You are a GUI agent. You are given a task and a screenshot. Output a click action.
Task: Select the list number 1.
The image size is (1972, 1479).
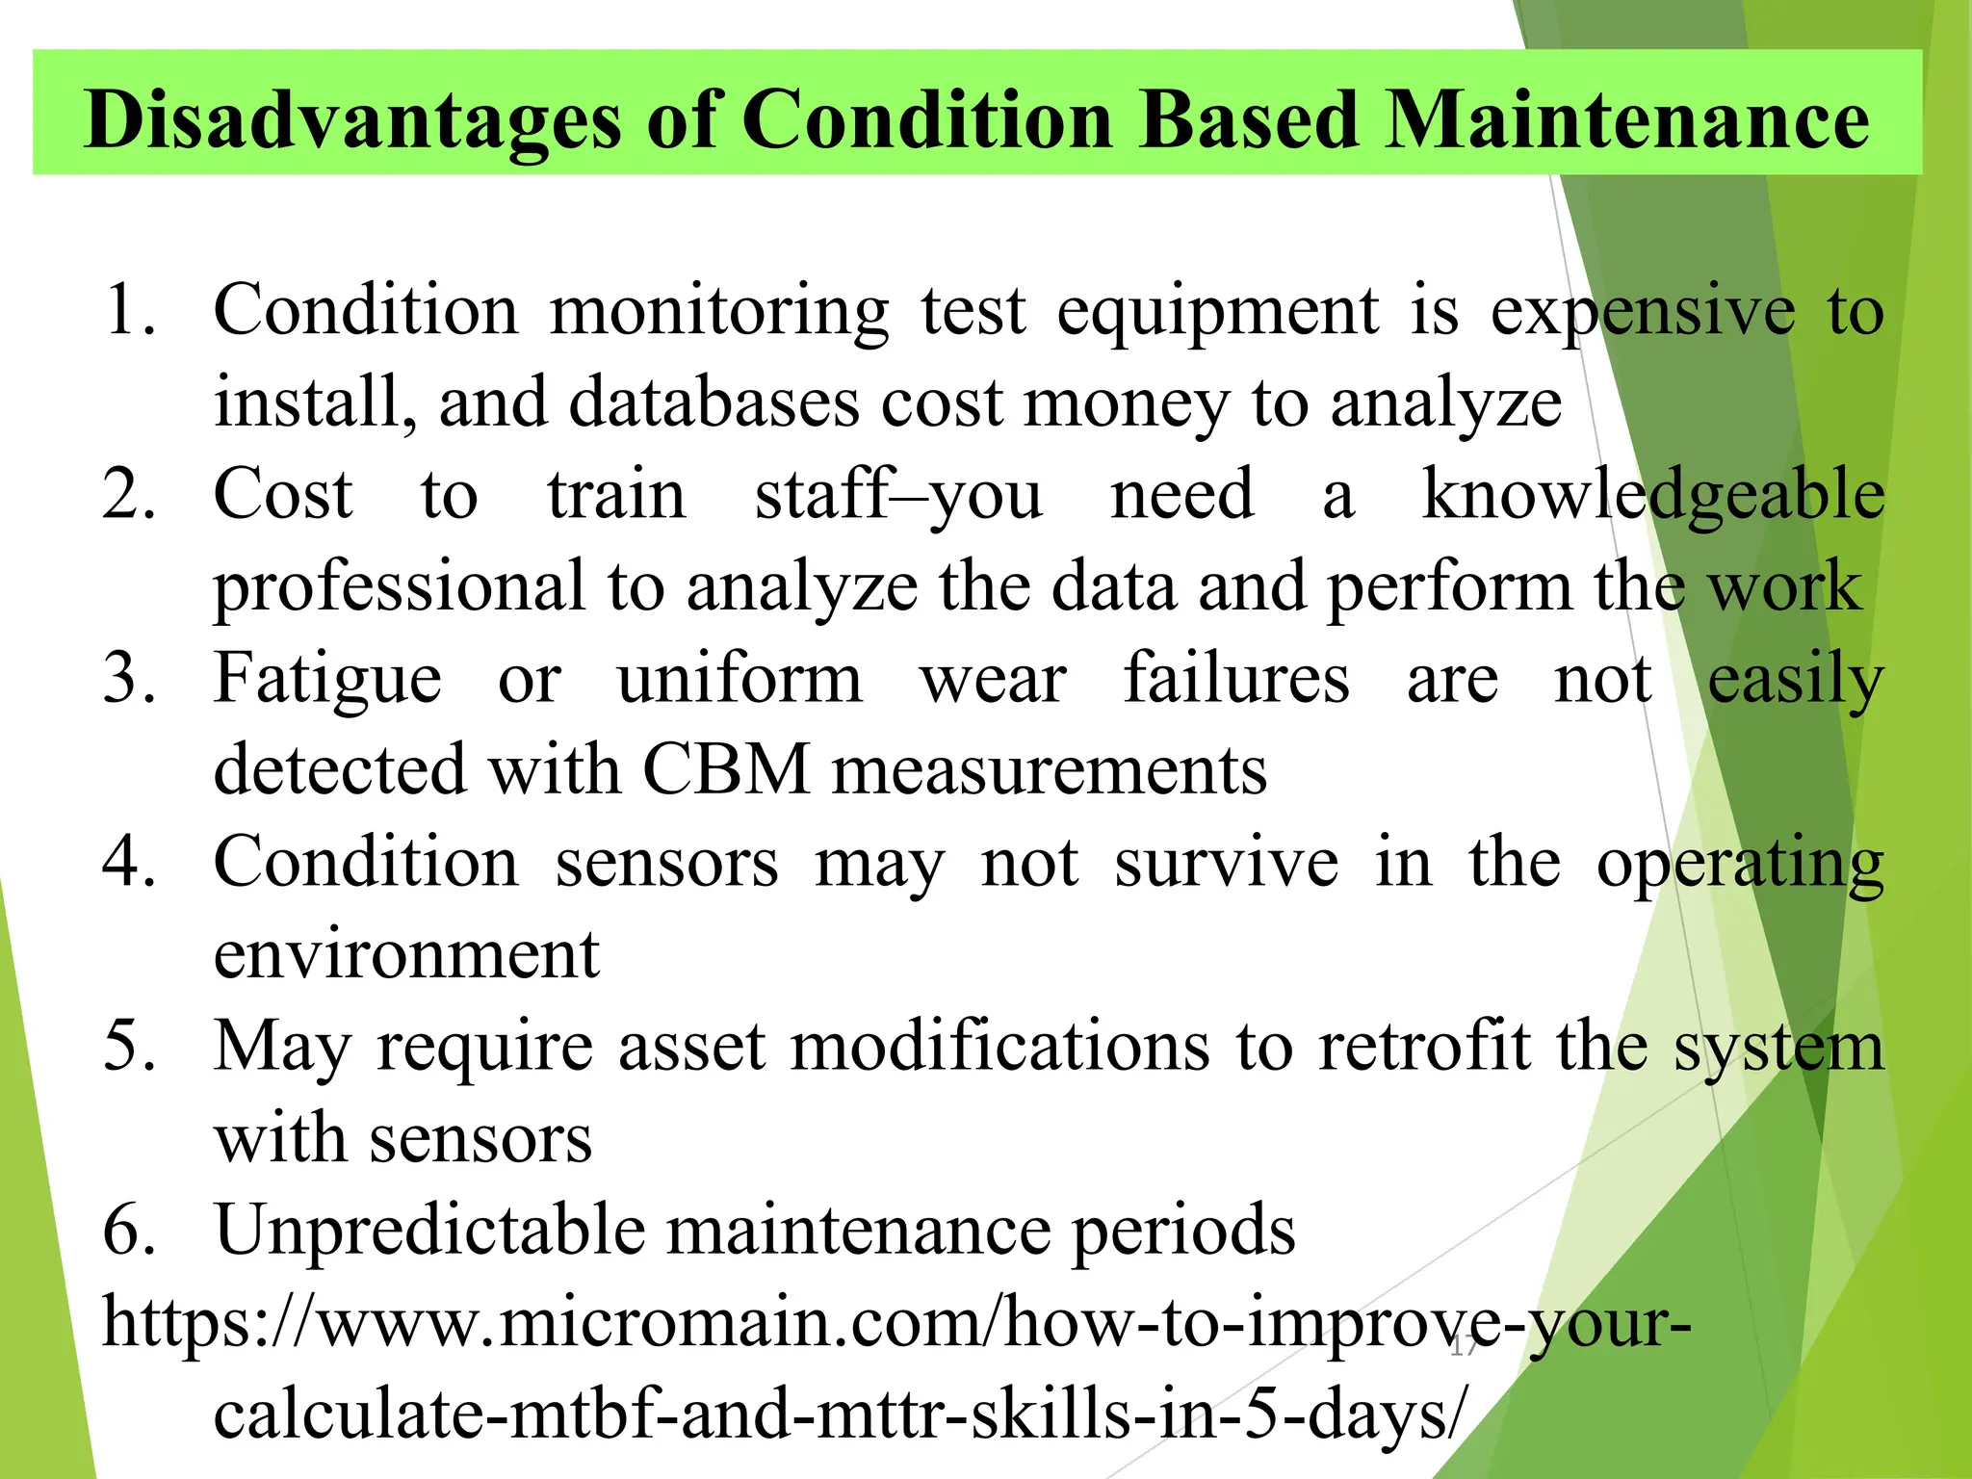[128, 310]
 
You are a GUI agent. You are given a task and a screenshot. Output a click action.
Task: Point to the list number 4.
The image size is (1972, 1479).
[128, 862]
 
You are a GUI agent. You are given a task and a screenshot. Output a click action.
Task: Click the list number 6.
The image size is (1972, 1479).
[128, 1230]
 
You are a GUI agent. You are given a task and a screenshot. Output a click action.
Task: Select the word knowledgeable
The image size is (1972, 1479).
[1652, 495]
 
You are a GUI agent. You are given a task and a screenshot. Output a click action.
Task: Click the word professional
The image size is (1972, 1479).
[399, 587]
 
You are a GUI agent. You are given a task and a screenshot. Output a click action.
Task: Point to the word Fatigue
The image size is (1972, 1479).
[327, 679]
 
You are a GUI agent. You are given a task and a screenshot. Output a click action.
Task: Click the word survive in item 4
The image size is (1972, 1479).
[1226, 862]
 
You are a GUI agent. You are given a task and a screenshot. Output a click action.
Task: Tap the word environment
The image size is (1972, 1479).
[406, 954]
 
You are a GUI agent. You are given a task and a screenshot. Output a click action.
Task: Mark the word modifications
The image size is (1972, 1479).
[999, 1047]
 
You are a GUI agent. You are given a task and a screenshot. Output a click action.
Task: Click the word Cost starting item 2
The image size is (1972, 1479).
[283, 495]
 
